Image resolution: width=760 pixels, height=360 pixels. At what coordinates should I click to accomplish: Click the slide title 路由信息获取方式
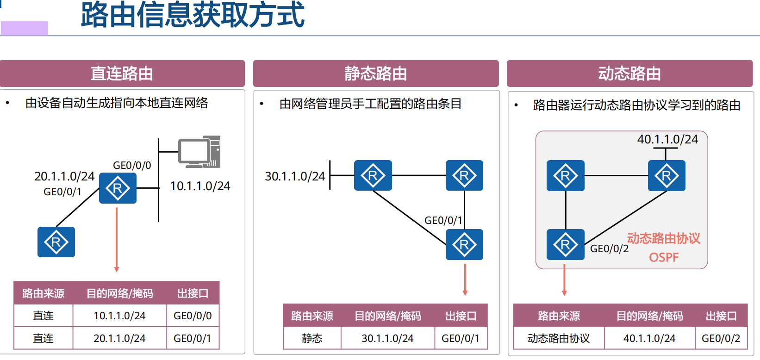(x=192, y=15)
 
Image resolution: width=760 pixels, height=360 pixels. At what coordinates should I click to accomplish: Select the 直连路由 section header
(x=122, y=74)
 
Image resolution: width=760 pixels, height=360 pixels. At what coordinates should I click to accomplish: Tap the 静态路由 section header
(x=375, y=74)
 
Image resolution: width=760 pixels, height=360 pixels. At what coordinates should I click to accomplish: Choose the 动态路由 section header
(x=629, y=74)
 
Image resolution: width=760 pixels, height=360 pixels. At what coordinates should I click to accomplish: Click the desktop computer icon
(x=200, y=152)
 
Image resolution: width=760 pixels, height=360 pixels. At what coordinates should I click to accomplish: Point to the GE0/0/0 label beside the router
(x=132, y=165)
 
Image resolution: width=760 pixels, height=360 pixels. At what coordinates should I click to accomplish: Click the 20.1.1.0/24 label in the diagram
(x=64, y=176)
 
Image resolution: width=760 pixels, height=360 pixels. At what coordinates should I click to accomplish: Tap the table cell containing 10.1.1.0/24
(x=119, y=316)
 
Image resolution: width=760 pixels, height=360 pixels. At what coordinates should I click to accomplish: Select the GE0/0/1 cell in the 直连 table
(x=192, y=338)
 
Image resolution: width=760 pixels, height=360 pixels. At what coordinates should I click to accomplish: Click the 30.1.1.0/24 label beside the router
(x=295, y=176)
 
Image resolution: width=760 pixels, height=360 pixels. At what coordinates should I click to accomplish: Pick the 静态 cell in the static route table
(x=312, y=338)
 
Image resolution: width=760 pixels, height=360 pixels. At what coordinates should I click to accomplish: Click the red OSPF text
(x=664, y=257)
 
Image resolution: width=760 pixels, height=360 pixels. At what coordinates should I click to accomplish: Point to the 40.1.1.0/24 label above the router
(x=667, y=139)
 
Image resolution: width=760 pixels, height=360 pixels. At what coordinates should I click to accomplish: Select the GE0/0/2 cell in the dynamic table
(x=721, y=338)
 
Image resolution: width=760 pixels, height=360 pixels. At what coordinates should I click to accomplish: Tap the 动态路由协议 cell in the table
(x=559, y=338)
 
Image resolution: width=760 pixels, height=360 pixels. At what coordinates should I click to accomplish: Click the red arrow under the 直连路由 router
(x=117, y=241)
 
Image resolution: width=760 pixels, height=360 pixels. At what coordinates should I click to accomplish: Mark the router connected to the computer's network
(x=118, y=188)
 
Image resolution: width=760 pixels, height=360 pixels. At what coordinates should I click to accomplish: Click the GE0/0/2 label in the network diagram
(x=609, y=248)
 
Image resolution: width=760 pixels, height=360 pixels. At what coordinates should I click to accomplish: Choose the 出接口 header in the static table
(x=461, y=316)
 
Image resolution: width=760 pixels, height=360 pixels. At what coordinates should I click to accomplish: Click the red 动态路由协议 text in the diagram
(x=664, y=238)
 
